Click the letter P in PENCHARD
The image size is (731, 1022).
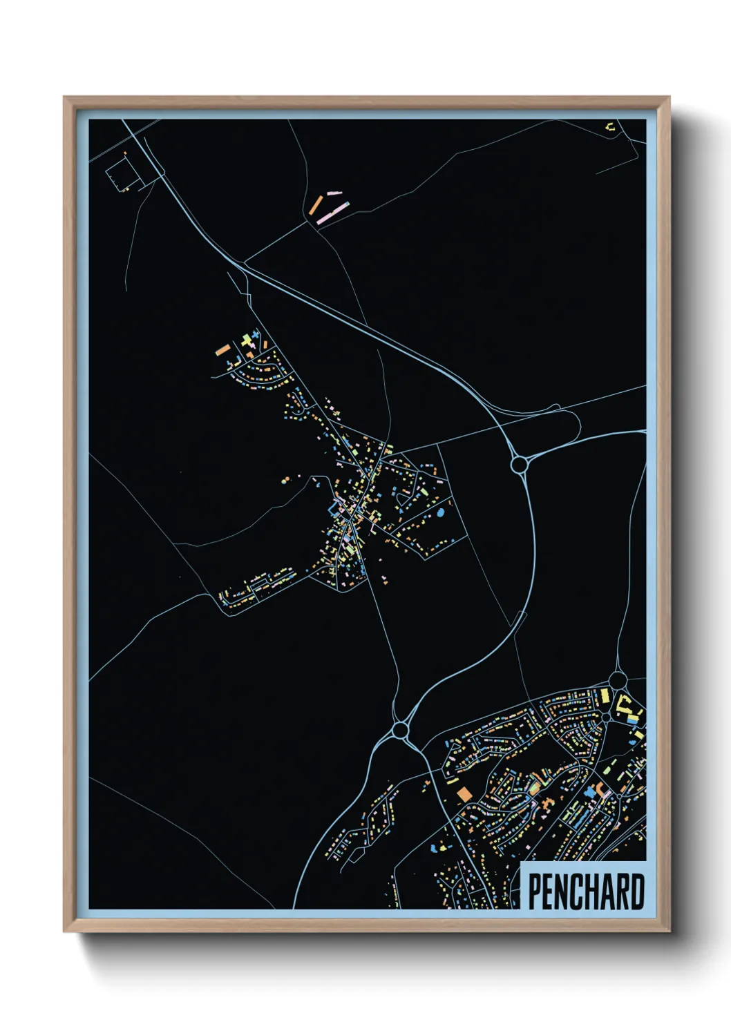tap(535, 891)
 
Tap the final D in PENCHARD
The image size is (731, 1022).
tap(638, 891)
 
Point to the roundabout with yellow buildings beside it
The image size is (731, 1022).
tap(618, 682)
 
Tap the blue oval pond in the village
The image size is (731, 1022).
tap(440, 513)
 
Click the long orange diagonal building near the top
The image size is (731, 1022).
tap(316, 204)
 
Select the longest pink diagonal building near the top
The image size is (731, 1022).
tap(332, 212)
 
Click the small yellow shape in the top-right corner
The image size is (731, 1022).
tap(610, 127)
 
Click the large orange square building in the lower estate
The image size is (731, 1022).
tap(464, 793)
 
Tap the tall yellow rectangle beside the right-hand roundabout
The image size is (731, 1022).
tap(603, 695)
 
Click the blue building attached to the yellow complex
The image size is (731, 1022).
tap(632, 719)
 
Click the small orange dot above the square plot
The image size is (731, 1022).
tap(125, 153)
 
